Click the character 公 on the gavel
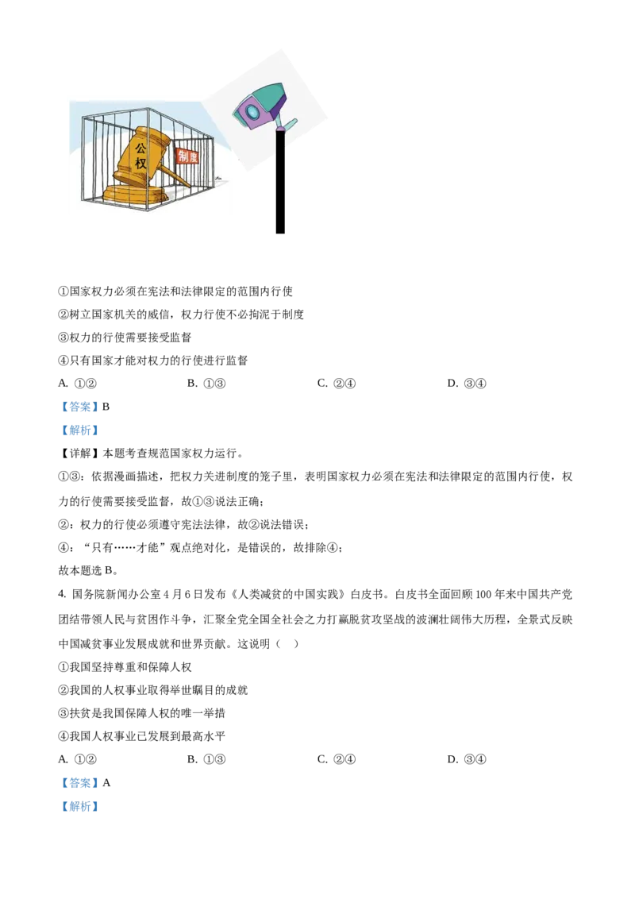141,149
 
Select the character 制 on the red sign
182,156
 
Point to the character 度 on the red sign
193,157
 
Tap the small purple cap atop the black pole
279,129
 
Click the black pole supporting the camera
280,143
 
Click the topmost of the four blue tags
79,407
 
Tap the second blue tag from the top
79,430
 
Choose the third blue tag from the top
79,784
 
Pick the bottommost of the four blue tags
79,807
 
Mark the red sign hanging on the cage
187,157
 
